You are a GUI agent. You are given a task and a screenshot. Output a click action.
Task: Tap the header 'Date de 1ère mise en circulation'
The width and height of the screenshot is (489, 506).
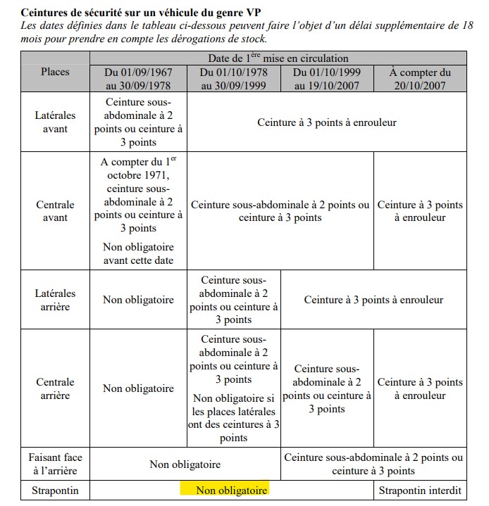coord(278,58)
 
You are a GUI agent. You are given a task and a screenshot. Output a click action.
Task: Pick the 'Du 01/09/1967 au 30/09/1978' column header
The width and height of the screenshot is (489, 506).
coord(139,79)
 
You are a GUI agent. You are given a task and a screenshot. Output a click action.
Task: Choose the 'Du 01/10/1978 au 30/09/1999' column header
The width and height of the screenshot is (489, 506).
coord(233,79)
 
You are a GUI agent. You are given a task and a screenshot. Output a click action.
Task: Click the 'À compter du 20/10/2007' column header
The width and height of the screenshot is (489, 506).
coord(420,79)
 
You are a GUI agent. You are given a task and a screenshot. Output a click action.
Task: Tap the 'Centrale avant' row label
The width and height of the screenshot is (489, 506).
coord(55,211)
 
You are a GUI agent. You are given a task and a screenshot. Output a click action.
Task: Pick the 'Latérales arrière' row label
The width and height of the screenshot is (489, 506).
coord(55,300)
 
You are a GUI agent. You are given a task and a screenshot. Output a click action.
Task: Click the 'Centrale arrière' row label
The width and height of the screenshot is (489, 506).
coord(55,388)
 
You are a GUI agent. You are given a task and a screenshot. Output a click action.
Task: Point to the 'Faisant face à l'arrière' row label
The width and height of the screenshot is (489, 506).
coord(55,464)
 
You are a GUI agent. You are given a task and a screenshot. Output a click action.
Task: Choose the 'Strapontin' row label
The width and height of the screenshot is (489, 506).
coord(55,490)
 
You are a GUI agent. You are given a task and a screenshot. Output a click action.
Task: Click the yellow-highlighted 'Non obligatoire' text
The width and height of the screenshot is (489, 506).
coord(231,490)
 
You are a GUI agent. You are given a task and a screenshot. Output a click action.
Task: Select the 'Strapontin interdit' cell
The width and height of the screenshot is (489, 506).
coord(420,490)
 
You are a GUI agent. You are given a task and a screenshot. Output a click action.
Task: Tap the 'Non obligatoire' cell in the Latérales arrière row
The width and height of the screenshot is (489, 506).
coord(139,300)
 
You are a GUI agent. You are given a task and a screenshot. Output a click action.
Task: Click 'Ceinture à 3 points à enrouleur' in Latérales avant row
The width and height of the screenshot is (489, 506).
coord(326,122)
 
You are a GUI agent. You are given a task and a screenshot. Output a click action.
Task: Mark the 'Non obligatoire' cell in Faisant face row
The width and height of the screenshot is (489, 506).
coord(185,464)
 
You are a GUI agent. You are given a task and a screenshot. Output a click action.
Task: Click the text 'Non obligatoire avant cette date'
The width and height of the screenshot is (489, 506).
coord(139,253)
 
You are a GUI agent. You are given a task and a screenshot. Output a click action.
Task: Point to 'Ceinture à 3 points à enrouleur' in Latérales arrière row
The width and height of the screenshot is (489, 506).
coord(373,300)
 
